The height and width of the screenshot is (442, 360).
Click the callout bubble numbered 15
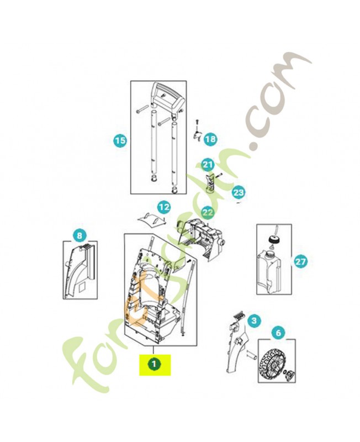(120, 140)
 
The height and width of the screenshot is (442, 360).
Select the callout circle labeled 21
(208, 164)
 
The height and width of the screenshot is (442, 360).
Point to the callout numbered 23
(239, 192)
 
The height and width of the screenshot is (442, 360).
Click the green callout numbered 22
(208, 212)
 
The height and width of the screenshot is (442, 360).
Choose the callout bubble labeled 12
(164, 207)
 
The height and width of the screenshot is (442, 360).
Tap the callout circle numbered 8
(80, 235)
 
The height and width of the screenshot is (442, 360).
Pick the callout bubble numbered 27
(300, 261)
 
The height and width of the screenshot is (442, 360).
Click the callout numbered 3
(254, 320)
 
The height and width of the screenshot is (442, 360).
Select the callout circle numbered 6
(278, 333)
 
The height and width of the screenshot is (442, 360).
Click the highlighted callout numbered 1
(154, 364)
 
